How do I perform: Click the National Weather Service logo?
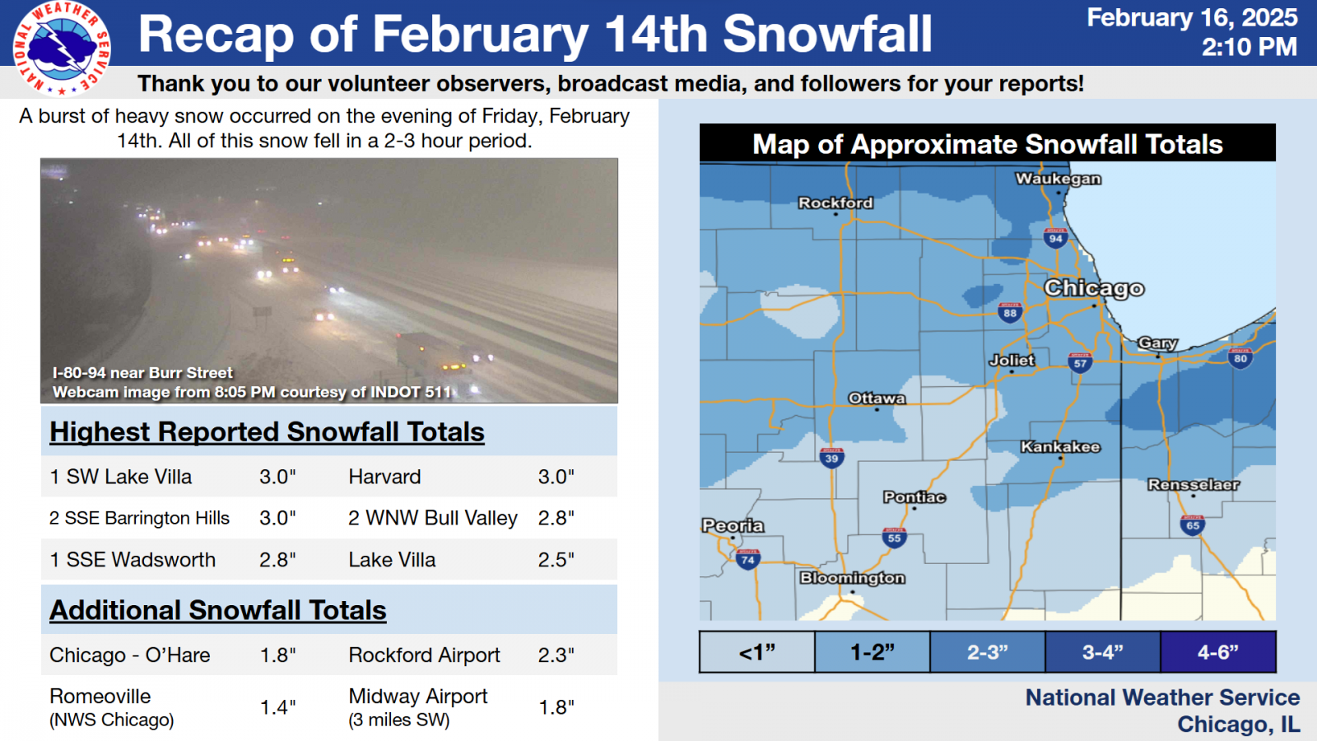[62, 49]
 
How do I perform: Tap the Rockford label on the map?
[835, 203]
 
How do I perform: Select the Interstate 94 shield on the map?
[1056, 238]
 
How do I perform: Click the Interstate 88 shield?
[1010, 312]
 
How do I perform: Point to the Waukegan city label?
[1059, 179]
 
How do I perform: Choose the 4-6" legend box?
[1218, 651]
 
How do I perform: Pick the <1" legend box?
[757, 651]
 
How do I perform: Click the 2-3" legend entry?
[988, 651]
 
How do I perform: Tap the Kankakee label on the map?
[1060, 447]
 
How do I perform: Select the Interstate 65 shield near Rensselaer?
[1193, 525]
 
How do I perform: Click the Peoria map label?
[733, 525]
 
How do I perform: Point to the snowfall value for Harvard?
[556, 477]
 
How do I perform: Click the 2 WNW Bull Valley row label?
[433, 518]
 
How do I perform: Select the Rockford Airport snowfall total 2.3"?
[556, 655]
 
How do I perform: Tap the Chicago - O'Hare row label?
[130, 655]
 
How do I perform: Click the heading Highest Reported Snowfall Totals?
[267, 431]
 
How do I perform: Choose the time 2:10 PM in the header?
[1250, 47]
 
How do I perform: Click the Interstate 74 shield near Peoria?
[748, 559]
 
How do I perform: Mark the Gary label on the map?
[1157, 343]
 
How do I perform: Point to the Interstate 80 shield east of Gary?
[1240, 358]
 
